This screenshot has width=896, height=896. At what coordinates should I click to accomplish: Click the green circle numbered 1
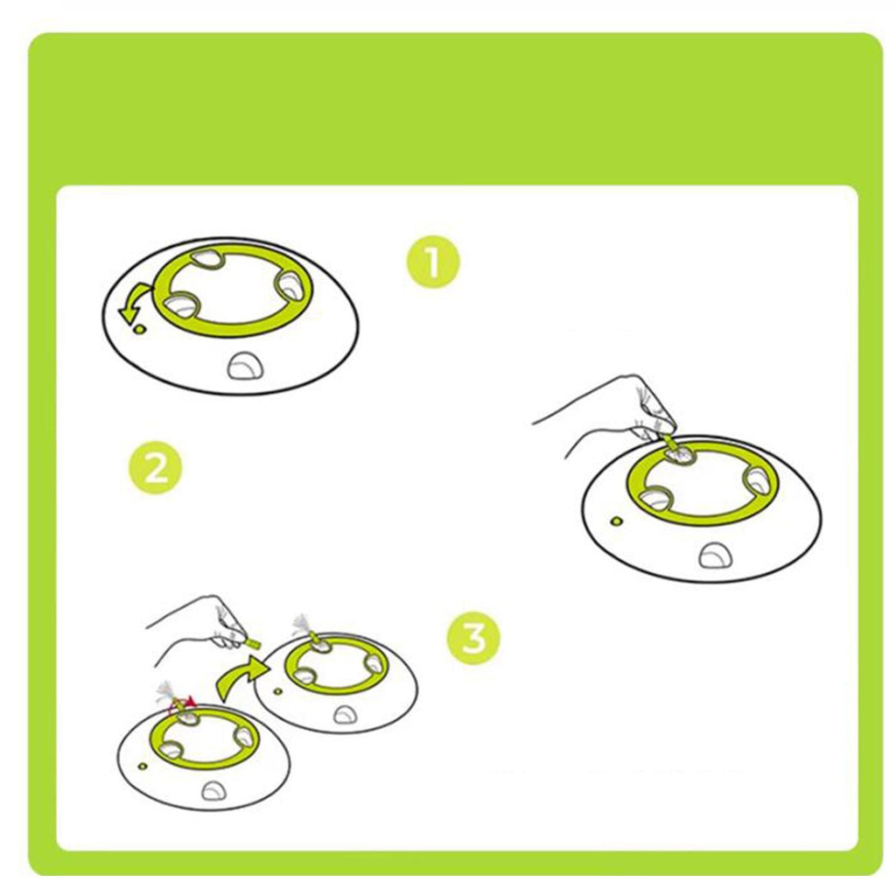click(432, 262)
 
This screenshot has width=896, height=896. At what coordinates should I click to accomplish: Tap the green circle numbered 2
click(156, 472)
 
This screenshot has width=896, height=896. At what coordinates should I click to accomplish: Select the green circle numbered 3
click(473, 637)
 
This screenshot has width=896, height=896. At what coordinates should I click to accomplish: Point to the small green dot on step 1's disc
click(139, 329)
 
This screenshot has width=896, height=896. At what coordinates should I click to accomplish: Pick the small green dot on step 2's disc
click(616, 521)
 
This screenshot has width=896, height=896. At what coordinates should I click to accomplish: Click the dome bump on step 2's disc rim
click(714, 555)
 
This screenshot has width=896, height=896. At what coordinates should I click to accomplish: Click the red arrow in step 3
click(181, 705)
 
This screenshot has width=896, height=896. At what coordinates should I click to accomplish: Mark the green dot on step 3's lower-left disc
click(143, 766)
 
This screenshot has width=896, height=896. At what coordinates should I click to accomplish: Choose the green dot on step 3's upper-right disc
click(277, 691)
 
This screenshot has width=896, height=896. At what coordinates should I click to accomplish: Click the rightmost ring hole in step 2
click(761, 479)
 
